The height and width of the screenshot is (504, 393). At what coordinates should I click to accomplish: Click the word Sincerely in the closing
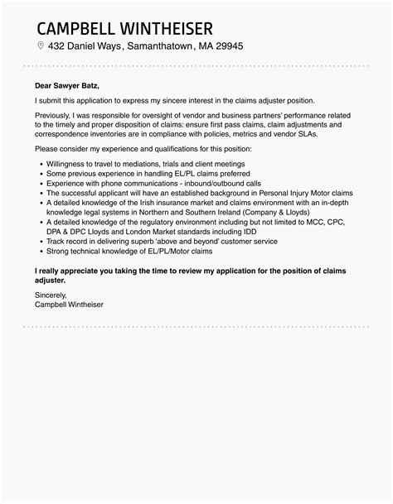click(53, 295)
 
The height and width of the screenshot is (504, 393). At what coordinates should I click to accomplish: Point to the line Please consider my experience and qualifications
click(131, 148)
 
